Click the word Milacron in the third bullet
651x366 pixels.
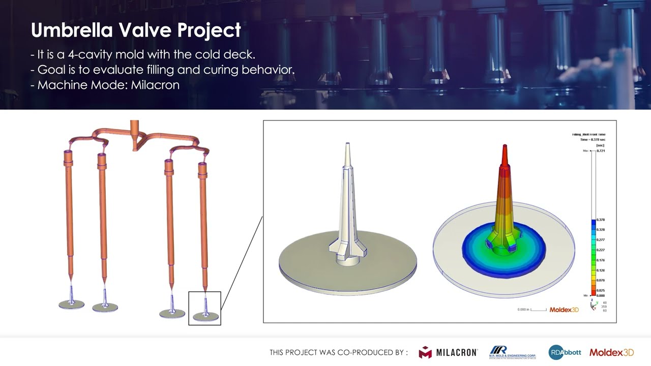pyautogui.click(x=155, y=85)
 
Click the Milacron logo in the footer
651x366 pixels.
pyautogui.click(x=448, y=352)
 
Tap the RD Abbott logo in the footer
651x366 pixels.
pyautogui.click(x=565, y=352)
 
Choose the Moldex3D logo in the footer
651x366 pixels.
pyautogui.click(x=611, y=352)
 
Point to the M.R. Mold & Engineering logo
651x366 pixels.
pyautogui.click(x=512, y=352)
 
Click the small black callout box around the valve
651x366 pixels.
pyautogui.click(x=204, y=308)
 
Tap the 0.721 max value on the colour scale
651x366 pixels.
pyautogui.click(x=601, y=151)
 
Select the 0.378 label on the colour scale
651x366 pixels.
pyautogui.click(x=601, y=220)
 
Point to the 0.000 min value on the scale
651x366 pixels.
pyautogui.click(x=601, y=295)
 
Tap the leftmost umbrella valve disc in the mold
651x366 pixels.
pyautogui.click(x=71, y=304)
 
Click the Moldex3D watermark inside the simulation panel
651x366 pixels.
pyautogui.click(x=564, y=310)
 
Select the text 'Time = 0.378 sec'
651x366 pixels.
pyautogui.click(x=593, y=140)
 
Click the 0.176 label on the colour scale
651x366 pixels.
pyautogui.click(x=601, y=260)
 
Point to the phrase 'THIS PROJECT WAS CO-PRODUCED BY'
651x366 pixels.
pyautogui.click(x=338, y=352)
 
